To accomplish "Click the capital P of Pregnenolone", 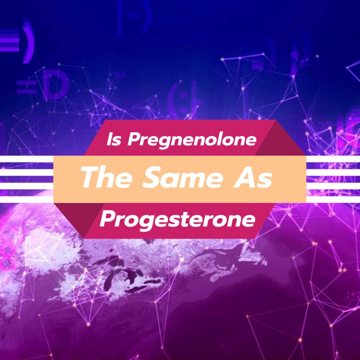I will click(133, 140).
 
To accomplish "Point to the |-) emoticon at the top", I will click(134, 16).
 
